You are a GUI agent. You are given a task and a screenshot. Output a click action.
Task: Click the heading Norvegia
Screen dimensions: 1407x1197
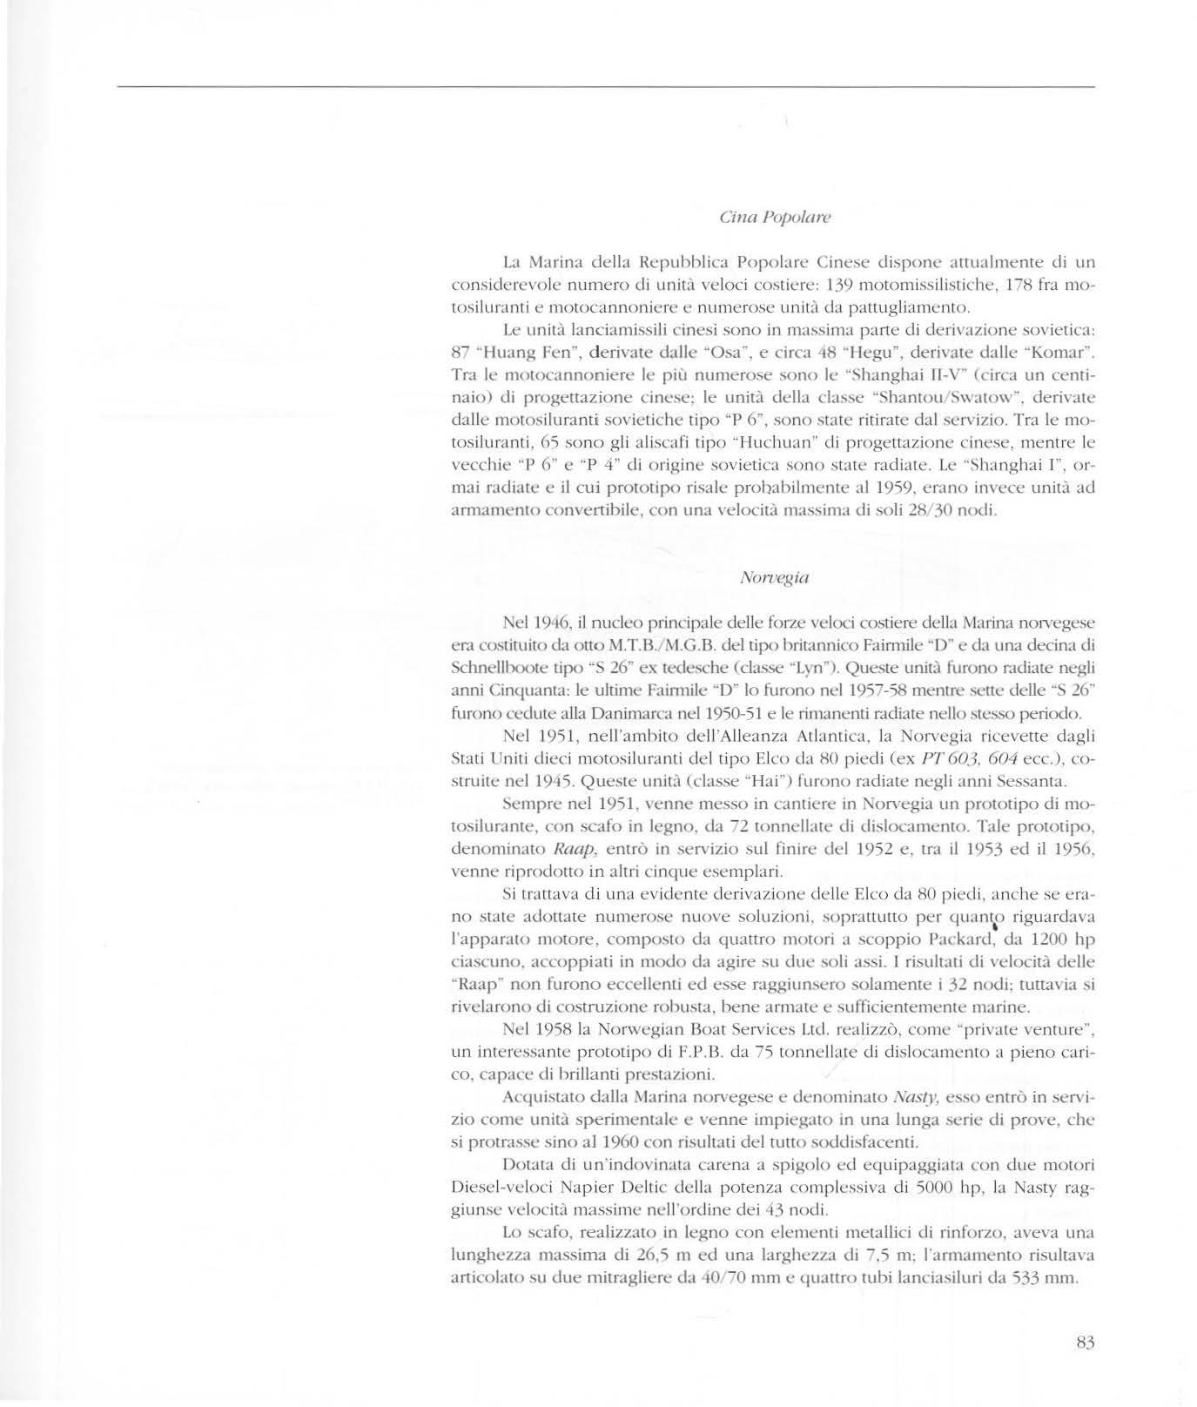coord(772,577)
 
